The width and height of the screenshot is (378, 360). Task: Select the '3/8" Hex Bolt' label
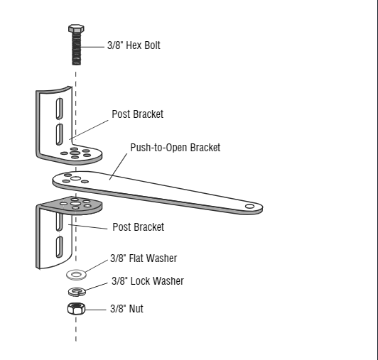[x=133, y=45]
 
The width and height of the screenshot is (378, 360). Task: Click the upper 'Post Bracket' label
[x=137, y=114]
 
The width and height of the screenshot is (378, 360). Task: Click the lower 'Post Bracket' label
[x=138, y=227]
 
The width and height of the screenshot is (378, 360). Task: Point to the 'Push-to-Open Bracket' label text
[x=175, y=148]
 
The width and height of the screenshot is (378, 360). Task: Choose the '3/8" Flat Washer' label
[x=144, y=258]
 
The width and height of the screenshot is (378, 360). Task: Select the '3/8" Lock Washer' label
[x=147, y=281]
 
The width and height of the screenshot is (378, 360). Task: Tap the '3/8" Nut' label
[x=126, y=309]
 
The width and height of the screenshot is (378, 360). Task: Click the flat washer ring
[x=75, y=273]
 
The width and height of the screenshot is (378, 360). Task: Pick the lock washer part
[x=76, y=290]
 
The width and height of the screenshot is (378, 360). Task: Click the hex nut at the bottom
[x=76, y=310]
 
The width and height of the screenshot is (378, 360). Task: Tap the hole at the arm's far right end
[x=249, y=206]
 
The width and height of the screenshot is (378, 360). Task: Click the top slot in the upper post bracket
[x=60, y=109]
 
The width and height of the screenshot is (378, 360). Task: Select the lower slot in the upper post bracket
[x=60, y=133]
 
